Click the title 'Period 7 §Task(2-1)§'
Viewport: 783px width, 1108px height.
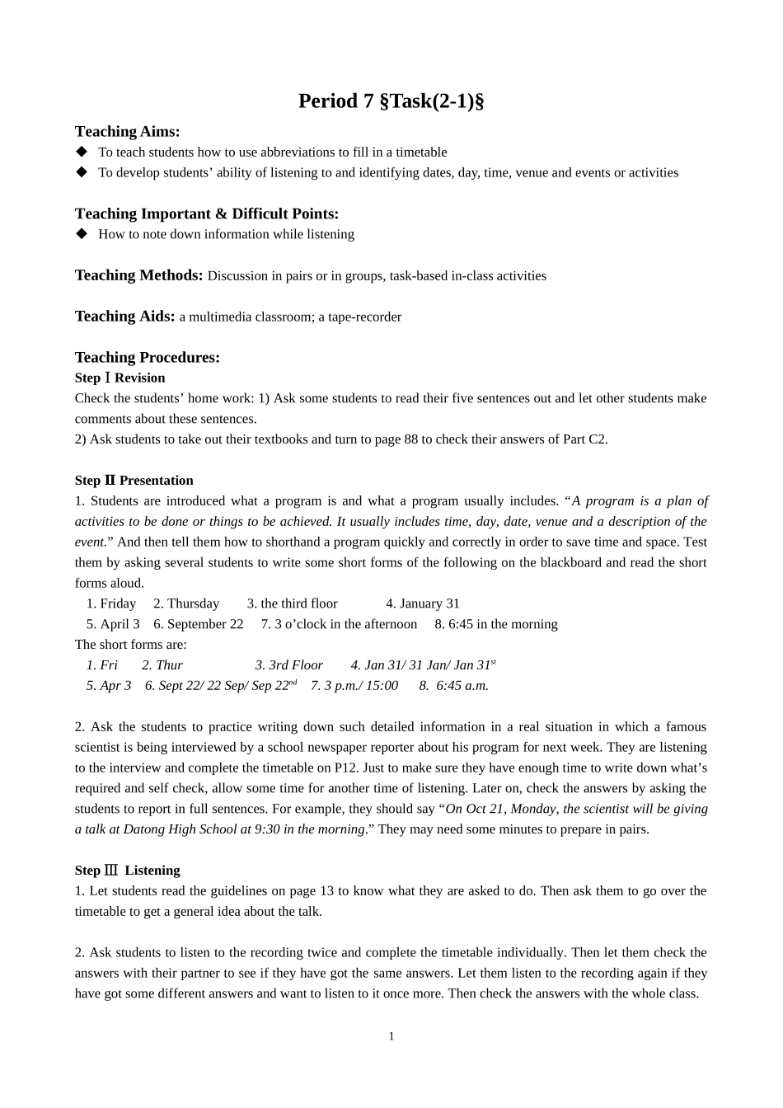point(391,101)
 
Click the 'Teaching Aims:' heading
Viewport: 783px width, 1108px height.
point(127,131)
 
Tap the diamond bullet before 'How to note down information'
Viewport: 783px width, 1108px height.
point(81,233)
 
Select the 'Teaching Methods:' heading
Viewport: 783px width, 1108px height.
point(138,275)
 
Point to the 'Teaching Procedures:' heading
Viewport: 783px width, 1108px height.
point(147,357)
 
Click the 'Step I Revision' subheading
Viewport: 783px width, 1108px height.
point(120,378)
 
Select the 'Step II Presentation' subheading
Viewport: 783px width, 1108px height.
point(134,481)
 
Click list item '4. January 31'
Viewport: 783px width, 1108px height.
point(422,603)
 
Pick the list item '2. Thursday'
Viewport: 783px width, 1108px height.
point(186,603)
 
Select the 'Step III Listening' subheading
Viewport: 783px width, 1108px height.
point(127,871)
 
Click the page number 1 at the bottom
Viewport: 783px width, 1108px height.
point(391,1036)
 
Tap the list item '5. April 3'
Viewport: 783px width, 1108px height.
point(113,624)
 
